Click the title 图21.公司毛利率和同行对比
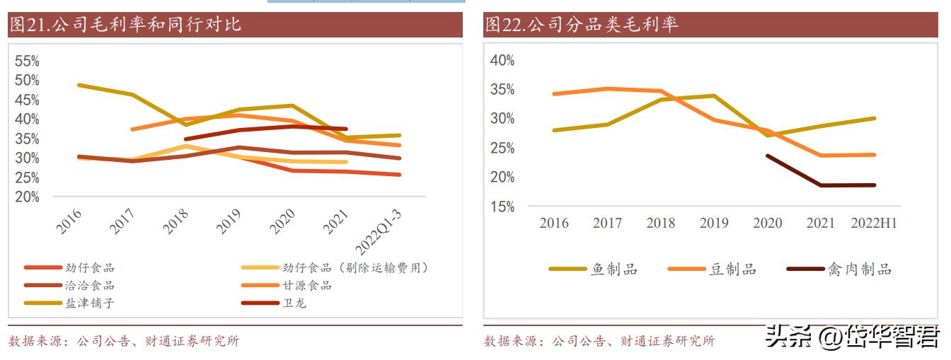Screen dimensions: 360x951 pos(125,25)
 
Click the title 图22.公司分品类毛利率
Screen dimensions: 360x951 pos(581,25)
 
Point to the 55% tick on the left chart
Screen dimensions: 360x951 pos(27,61)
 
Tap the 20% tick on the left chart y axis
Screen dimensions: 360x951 pos(27,197)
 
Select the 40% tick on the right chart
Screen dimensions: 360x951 pos(502,61)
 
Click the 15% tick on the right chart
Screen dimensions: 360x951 pos(502,207)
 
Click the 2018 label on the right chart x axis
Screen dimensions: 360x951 pos(660,223)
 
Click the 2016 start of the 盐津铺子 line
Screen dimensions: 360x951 pos(79,85)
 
